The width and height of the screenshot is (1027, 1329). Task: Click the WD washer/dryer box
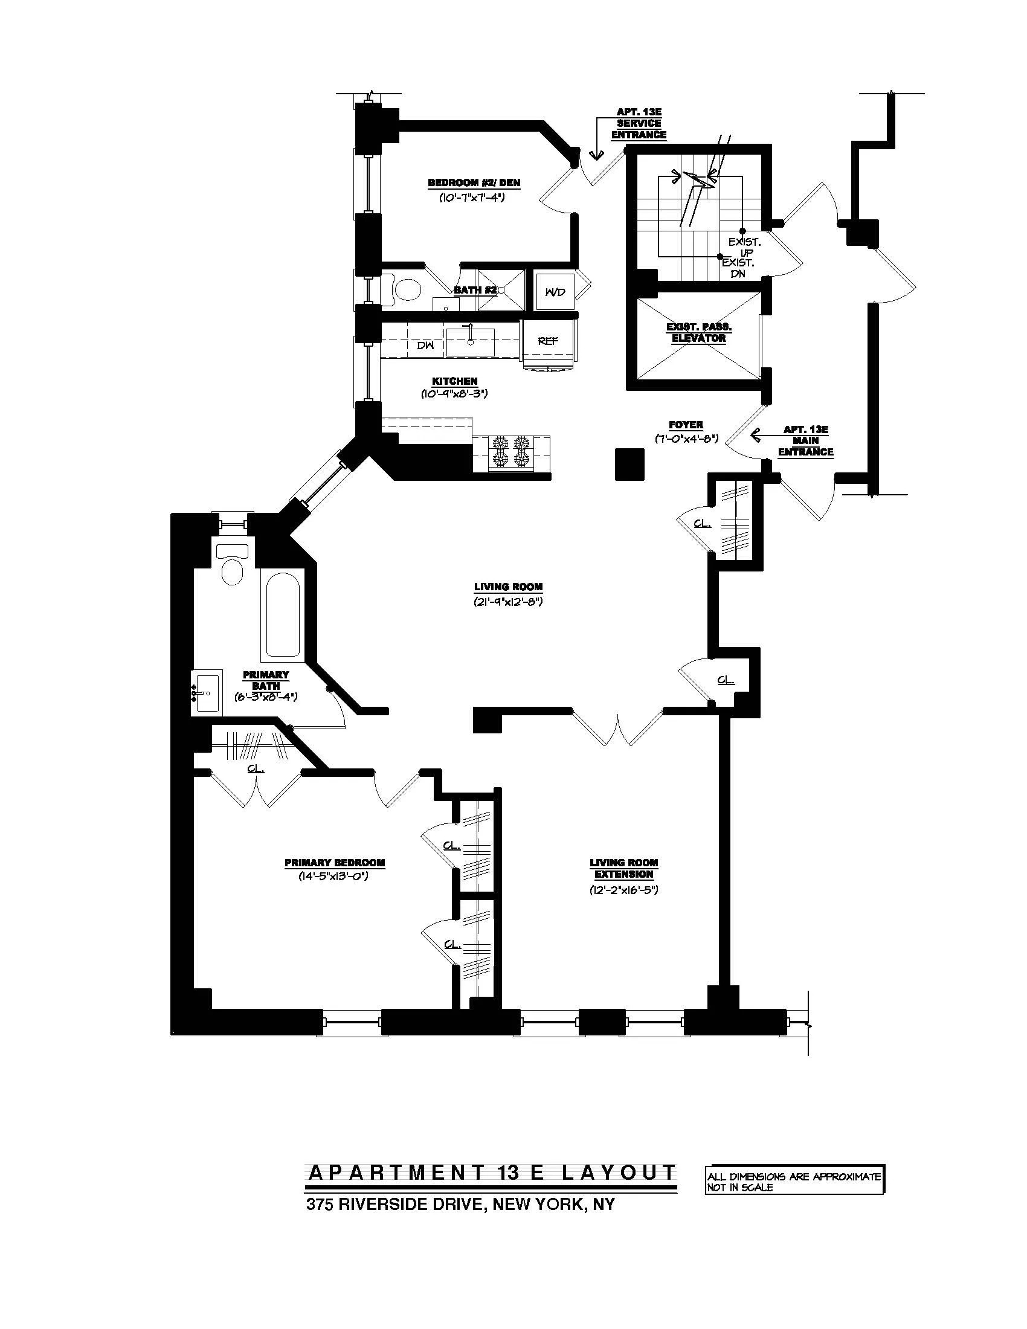[555, 292]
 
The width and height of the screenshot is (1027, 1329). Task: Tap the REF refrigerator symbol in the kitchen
[547, 341]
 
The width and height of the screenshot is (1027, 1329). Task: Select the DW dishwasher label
[425, 345]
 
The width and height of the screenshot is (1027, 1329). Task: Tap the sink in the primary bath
[207, 692]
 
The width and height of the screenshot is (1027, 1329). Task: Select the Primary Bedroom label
[335, 862]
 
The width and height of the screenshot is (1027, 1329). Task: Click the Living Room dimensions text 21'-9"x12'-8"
[508, 602]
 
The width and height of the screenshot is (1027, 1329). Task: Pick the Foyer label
[686, 425]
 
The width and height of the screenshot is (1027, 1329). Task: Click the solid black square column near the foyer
[629, 464]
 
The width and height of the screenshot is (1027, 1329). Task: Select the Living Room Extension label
[623, 868]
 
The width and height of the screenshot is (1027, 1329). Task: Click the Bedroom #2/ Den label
[474, 182]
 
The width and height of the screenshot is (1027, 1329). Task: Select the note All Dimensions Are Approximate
[794, 1177]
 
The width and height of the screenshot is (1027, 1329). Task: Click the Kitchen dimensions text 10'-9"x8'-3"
[454, 394]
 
